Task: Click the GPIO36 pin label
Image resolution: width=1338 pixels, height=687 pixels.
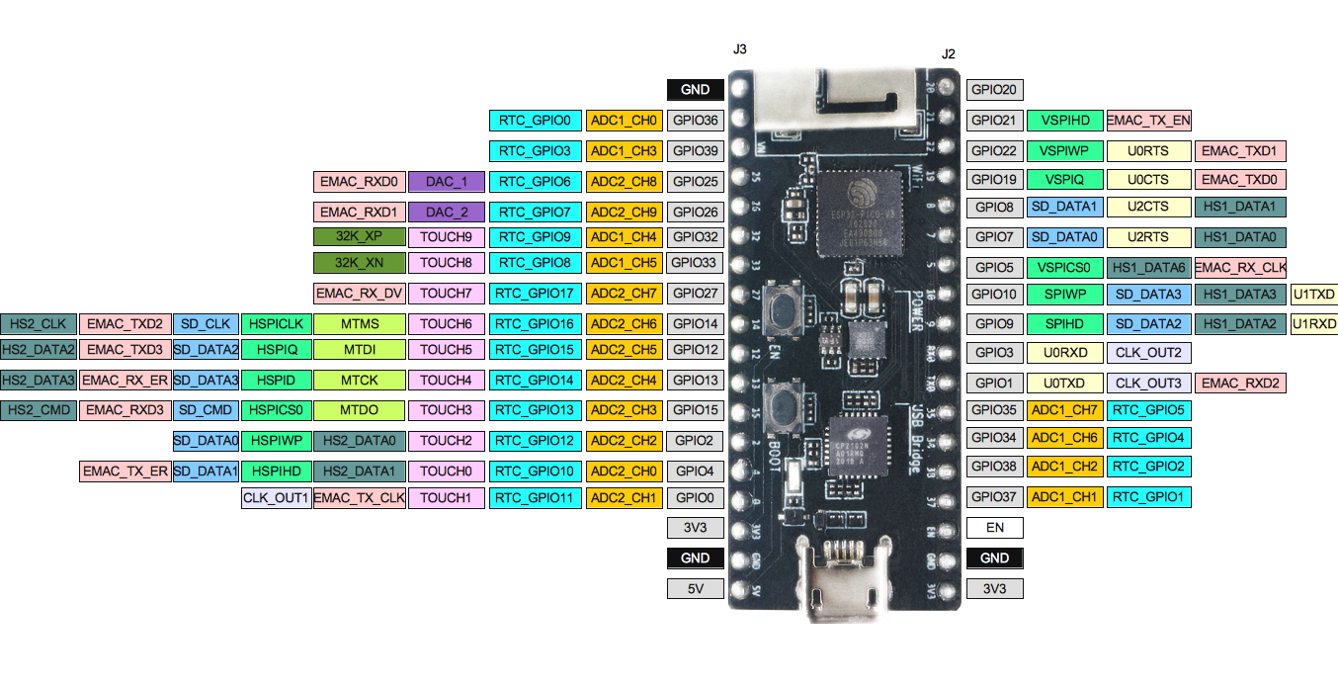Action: pos(695,121)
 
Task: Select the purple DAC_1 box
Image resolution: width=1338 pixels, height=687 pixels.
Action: pos(447,182)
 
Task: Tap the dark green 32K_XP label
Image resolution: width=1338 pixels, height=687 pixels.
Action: pos(360,237)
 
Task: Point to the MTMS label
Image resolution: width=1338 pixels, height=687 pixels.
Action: pos(360,323)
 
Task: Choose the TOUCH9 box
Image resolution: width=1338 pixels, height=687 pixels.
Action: pos(447,237)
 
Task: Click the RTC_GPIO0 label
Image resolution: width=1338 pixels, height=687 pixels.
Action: pos(535,121)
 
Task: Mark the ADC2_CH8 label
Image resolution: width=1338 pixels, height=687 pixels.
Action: pos(624,182)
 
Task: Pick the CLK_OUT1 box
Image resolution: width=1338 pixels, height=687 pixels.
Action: pos(277,498)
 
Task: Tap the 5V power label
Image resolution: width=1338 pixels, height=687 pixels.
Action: pos(695,589)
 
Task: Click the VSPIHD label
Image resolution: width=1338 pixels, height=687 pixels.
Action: pos(1065,121)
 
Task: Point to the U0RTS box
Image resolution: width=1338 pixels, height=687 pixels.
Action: pos(1148,151)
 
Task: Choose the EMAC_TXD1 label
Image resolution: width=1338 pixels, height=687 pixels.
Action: pos(1240,151)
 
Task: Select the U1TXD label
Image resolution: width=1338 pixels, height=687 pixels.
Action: pos(1313,294)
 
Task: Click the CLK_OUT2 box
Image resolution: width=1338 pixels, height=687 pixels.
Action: pos(1148,352)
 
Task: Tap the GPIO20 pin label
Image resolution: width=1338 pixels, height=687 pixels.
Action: pos(994,89)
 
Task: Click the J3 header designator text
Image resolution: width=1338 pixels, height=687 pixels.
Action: pos(740,48)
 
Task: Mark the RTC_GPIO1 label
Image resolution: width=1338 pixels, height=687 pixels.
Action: pos(1149,496)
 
